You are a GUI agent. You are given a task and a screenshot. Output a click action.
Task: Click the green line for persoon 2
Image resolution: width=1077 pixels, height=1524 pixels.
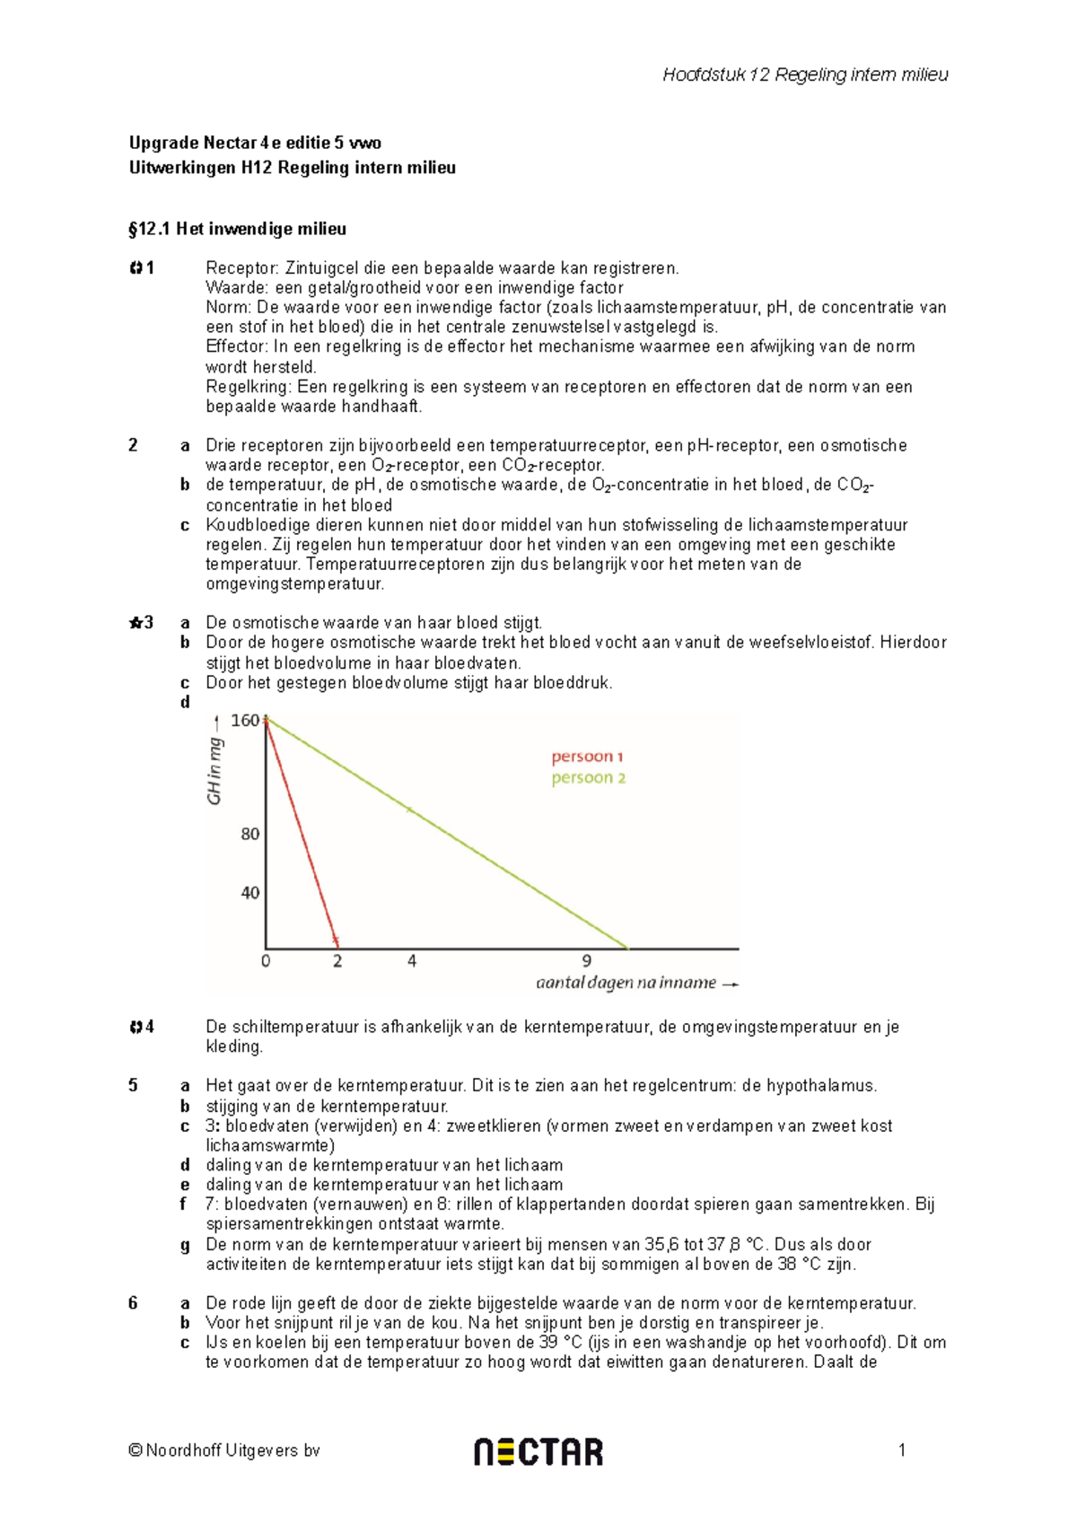pos(449,835)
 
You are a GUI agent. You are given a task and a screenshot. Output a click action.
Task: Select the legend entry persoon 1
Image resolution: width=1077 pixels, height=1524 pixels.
pos(587,757)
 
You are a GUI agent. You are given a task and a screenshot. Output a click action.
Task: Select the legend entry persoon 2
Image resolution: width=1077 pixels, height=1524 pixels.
pos(588,777)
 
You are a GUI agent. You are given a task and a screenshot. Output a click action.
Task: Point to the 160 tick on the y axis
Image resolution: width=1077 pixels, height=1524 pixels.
pos(244,720)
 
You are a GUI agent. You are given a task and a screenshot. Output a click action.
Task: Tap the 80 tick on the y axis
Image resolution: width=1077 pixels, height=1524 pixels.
pos(250,834)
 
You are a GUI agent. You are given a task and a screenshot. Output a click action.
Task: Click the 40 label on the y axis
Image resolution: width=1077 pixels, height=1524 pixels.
pos(250,893)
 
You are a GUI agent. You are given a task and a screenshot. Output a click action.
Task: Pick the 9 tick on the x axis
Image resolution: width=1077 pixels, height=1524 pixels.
pos(587,961)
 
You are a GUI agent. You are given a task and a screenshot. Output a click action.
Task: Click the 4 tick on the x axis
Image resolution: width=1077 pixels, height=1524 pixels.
pos(412,961)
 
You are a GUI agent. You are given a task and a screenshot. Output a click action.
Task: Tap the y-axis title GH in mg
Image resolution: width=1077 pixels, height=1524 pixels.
pos(215,771)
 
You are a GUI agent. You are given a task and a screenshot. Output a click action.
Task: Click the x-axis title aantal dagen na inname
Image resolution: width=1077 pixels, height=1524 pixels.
pos(626,983)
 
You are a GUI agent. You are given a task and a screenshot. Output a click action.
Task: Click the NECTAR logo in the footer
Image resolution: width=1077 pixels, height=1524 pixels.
pos(538,1451)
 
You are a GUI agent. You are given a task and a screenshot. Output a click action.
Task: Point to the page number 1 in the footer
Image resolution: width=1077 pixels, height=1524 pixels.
pos(902,1450)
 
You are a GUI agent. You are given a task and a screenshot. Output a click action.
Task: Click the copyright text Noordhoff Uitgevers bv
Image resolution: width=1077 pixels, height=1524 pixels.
pos(224,1450)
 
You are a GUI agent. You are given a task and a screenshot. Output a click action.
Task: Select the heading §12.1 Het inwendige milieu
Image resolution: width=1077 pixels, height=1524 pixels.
pos(237,229)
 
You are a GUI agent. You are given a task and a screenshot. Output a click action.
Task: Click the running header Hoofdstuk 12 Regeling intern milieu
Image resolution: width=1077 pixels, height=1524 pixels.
pos(805,74)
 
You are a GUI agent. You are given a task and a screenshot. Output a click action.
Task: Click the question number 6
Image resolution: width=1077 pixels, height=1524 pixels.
pos(133,1303)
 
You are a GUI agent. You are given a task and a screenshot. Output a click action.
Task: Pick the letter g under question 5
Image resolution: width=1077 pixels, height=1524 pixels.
pos(185,1246)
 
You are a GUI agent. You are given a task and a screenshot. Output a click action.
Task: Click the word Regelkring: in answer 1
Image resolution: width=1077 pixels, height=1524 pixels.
pos(249,387)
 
